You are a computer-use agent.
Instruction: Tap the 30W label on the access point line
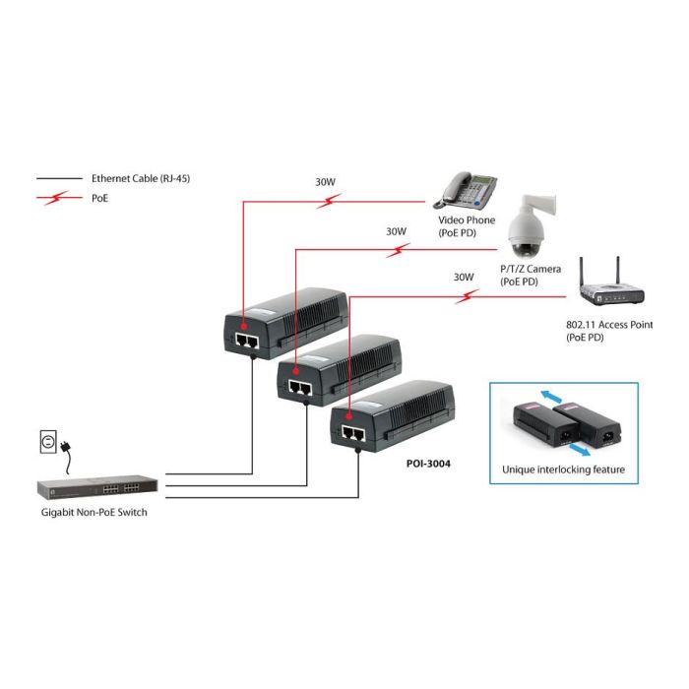click(464, 278)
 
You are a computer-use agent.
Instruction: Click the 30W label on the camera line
click(396, 231)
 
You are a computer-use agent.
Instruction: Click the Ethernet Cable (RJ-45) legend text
click(133, 179)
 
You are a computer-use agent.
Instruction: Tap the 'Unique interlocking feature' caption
click(563, 470)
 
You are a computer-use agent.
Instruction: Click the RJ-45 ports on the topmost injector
click(246, 340)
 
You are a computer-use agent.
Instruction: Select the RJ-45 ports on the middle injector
click(298, 388)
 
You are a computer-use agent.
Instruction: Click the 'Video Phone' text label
click(467, 220)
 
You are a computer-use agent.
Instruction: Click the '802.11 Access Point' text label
click(609, 325)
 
